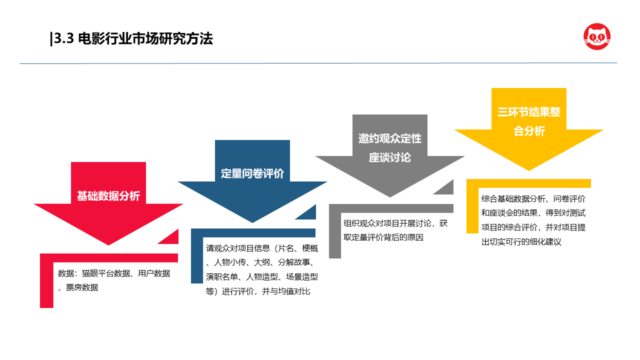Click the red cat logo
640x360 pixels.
point(597,36)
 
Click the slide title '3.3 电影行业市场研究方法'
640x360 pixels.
point(133,38)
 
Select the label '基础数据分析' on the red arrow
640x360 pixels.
point(108,196)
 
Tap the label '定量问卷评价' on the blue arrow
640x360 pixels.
point(252,173)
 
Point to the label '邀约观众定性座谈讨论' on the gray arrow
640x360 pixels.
point(389,148)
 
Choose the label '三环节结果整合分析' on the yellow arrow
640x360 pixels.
point(529,121)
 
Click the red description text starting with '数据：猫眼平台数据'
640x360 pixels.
point(113,280)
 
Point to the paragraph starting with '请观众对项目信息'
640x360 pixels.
point(261,269)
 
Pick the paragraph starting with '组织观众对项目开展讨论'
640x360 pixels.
point(395,230)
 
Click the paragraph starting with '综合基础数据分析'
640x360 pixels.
point(533,220)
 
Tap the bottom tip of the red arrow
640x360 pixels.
point(108,245)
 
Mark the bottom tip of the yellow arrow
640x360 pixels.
point(529,171)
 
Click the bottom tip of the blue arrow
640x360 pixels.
point(252,222)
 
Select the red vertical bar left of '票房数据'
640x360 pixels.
point(46,285)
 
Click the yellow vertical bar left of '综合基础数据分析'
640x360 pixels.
point(472,210)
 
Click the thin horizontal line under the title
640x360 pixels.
point(318,63)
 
